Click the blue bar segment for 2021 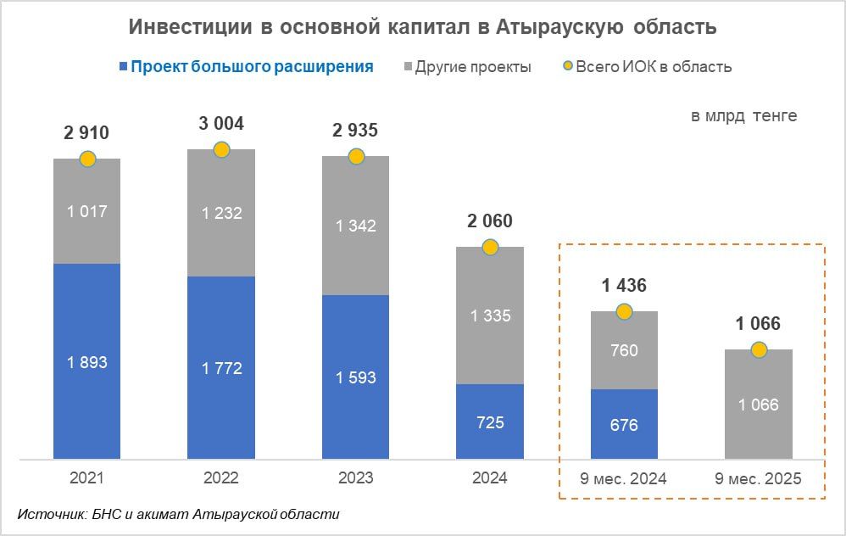click(x=86, y=361)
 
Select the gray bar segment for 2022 click(x=221, y=213)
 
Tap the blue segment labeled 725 click(x=490, y=422)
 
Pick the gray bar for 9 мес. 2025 click(x=758, y=405)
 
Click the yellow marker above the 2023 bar click(x=356, y=157)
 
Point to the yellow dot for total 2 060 click(x=490, y=247)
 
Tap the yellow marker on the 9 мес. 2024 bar click(x=624, y=312)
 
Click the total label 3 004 click(x=221, y=124)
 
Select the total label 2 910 click(x=86, y=132)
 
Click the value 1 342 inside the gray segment click(x=356, y=226)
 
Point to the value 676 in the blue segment click(x=624, y=425)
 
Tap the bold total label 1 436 click(x=624, y=286)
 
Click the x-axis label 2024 click(x=490, y=478)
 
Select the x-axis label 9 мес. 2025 click(x=758, y=478)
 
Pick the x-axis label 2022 click(x=221, y=478)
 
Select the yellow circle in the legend click(x=567, y=67)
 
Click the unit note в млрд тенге click(x=743, y=116)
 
